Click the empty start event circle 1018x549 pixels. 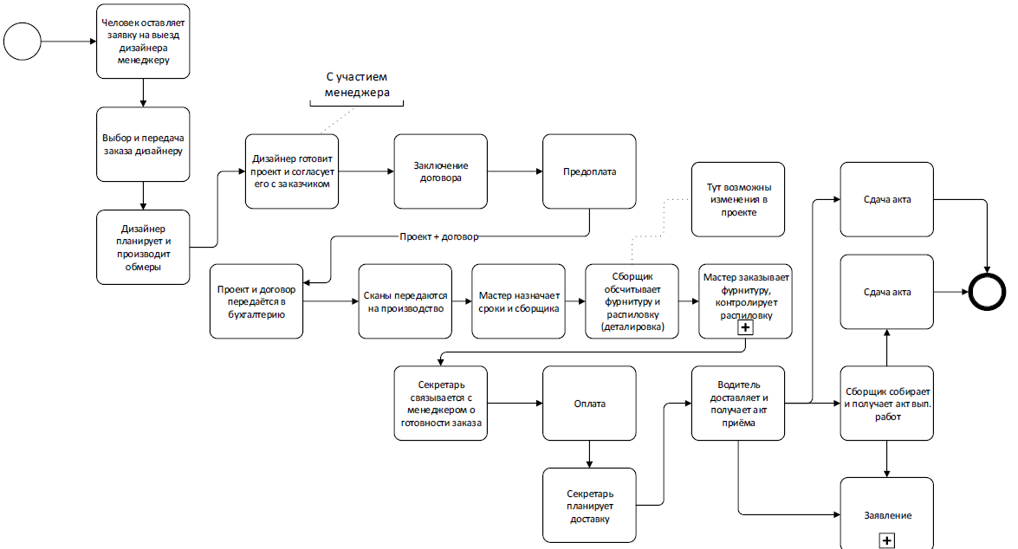[23, 41]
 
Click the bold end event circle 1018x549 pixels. [987, 293]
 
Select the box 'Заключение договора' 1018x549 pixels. [441, 171]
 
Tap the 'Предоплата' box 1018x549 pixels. [590, 171]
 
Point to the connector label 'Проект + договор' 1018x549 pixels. [438, 236]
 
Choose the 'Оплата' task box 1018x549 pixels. [590, 404]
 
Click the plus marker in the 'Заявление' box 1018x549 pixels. [886, 539]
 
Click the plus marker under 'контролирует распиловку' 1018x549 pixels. [744, 328]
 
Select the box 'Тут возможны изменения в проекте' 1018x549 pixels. [738, 199]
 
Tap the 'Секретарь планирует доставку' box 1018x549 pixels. [590, 506]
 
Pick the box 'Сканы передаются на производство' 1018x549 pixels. [405, 301]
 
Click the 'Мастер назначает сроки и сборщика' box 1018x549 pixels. [518, 301]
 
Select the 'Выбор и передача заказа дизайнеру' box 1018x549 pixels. [143, 145]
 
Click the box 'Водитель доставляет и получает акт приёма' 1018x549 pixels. [738, 404]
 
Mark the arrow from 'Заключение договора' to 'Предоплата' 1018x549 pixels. [515, 171]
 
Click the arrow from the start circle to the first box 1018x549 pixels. [68, 41]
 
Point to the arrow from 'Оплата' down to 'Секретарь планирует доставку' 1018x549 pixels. [590, 454]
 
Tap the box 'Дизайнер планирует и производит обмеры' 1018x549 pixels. [143, 247]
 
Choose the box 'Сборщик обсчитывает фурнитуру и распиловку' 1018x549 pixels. [631, 301]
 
